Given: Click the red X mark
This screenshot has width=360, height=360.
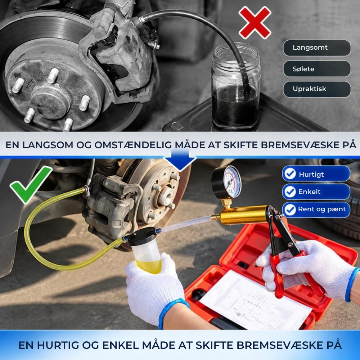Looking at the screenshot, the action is pos(255,22).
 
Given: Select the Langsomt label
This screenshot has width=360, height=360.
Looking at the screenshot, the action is pos(317,48).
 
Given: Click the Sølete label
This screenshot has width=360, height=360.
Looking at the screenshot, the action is pos(317,69).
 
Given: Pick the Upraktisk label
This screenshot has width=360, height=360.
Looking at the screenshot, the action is pos(317,89).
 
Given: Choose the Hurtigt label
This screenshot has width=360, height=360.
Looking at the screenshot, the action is pos(316,174).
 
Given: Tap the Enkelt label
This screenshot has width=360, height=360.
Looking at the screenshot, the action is pos(316,192).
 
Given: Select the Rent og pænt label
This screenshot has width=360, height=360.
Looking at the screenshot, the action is pos(316,210).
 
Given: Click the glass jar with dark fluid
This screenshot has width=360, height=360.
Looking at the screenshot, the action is pos(236,87).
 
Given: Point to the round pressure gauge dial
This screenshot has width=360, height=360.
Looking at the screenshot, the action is pos(226,182).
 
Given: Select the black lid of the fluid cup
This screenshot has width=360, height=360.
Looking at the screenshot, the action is pos(142,237).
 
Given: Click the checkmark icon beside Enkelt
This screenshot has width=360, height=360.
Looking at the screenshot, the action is pos(290,192).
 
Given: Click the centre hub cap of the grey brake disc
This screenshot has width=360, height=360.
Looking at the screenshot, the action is pos(50,101).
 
